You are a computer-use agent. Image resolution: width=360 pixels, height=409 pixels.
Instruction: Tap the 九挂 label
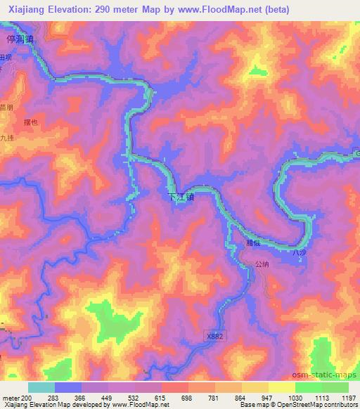[x=7, y=138]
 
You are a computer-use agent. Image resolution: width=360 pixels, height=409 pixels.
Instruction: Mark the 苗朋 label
[x=7, y=108]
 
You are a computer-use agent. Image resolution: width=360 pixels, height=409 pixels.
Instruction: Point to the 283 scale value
[x=69, y=397]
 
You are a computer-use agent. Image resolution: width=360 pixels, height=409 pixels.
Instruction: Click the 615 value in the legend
[x=148, y=397]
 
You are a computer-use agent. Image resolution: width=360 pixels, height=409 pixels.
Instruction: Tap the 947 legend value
[x=256, y=397]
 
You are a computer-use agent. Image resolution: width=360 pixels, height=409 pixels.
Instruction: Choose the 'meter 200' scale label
[x=16, y=397]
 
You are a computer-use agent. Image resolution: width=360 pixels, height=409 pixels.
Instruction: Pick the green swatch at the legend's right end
[x=335, y=387]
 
